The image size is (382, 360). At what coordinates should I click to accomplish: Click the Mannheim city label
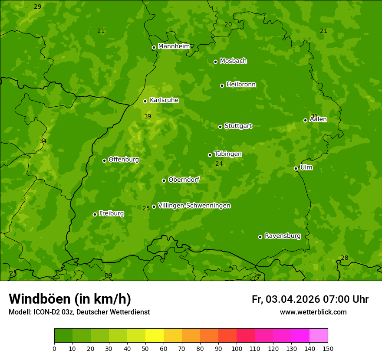click(174, 46)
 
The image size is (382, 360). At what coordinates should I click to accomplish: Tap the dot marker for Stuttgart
click(220, 127)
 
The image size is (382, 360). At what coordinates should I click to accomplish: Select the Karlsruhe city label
click(164, 100)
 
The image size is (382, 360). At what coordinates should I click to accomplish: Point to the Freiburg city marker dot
click(95, 214)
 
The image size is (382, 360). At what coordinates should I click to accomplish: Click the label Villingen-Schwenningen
click(194, 206)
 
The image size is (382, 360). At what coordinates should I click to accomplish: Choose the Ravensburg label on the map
click(283, 236)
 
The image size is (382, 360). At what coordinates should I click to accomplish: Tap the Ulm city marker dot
click(296, 168)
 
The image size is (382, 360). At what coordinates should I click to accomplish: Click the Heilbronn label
click(241, 85)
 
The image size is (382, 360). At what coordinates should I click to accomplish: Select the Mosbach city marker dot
click(215, 62)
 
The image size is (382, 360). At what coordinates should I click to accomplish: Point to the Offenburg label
click(124, 160)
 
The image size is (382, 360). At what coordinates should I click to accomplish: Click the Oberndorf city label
click(184, 180)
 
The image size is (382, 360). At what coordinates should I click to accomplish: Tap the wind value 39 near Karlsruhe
click(148, 117)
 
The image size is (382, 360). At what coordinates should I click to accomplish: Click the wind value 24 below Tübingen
click(219, 164)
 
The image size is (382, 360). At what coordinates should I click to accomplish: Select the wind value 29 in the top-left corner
click(38, 7)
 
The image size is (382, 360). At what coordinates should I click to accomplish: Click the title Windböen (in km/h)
click(70, 299)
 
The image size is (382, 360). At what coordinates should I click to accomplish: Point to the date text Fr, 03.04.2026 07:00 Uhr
click(310, 299)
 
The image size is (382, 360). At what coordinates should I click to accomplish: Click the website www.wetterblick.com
click(313, 312)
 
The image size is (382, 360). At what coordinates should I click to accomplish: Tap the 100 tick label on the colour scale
click(237, 349)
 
